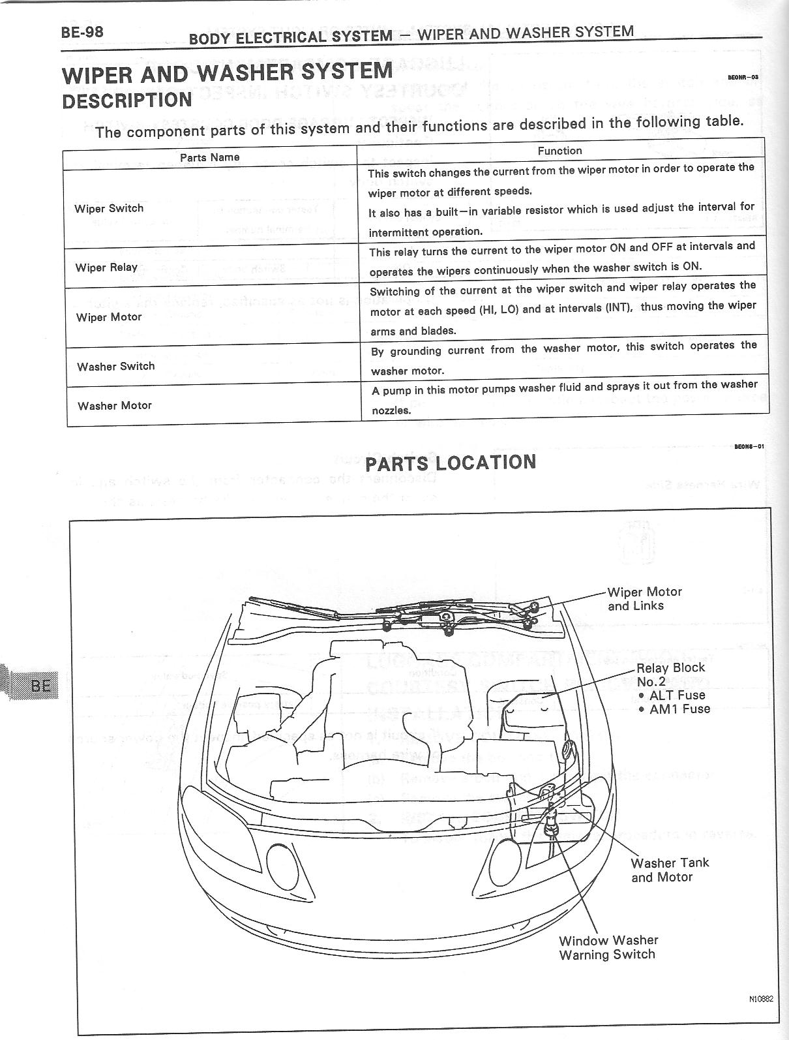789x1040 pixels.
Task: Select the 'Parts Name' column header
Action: [x=210, y=157]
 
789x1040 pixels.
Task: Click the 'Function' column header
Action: [x=559, y=151]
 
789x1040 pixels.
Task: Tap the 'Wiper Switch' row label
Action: [x=109, y=209]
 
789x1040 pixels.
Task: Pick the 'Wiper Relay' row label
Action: [x=106, y=268]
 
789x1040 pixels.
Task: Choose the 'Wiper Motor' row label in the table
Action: [x=109, y=317]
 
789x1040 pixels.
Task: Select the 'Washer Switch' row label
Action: [x=116, y=367]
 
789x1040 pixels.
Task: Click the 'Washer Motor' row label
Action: [x=115, y=406]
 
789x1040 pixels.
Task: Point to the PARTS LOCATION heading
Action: [x=451, y=463]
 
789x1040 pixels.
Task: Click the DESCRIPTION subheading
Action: [x=127, y=101]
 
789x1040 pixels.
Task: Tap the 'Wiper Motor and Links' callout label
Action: [x=644, y=599]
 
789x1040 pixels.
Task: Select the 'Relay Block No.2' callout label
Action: [x=670, y=675]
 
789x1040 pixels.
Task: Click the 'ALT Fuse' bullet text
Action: [x=677, y=696]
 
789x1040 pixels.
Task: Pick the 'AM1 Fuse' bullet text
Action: [x=679, y=709]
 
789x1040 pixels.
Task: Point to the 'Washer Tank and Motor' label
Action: [x=669, y=870]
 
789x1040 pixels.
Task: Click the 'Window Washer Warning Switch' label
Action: [x=608, y=947]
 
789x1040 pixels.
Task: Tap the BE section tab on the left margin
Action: [x=39, y=685]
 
